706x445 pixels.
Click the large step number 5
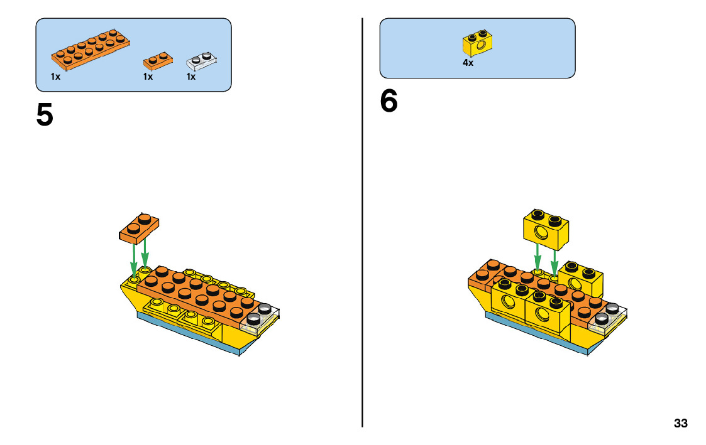pyautogui.click(x=45, y=115)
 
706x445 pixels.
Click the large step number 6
pyautogui.click(x=389, y=102)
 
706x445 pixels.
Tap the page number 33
pyautogui.click(x=680, y=423)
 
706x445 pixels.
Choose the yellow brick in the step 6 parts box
pyautogui.click(x=478, y=43)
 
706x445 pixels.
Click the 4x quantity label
pyautogui.click(x=468, y=63)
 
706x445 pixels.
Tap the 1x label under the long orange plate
pyautogui.click(x=56, y=77)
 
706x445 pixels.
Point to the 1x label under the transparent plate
pyautogui.click(x=191, y=77)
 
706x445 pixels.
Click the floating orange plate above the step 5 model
pyautogui.click(x=139, y=228)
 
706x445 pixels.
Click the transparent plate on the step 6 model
pyautogui.click(x=609, y=319)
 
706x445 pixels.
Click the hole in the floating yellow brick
pyautogui.click(x=540, y=235)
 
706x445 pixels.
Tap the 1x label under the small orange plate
pyautogui.click(x=148, y=77)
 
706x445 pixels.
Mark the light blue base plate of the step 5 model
pyautogui.click(x=189, y=333)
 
